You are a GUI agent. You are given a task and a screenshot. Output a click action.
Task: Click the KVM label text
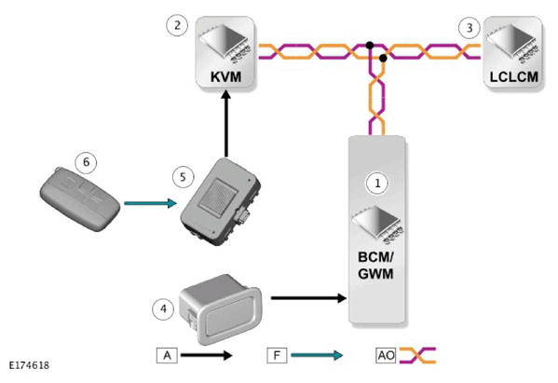click(x=225, y=77)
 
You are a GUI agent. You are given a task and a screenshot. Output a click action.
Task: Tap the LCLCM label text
click(x=513, y=77)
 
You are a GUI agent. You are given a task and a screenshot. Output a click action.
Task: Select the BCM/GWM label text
click(x=375, y=266)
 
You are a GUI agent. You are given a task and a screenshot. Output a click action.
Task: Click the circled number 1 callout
click(x=377, y=184)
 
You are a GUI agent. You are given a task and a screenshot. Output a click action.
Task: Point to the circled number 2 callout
click(x=177, y=25)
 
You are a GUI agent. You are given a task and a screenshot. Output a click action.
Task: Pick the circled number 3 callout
click(x=470, y=27)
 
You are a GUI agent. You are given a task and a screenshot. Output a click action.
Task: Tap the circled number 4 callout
click(x=163, y=308)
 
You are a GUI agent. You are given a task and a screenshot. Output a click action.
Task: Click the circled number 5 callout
click(x=183, y=177)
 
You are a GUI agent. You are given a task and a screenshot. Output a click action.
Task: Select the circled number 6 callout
click(x=86, y=162)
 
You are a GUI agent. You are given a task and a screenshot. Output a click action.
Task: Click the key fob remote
click(x=80, y=199)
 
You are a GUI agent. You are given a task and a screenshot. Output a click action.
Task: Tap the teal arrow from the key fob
click(x=151, y=203)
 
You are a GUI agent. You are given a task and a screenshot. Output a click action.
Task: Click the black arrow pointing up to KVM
click(x=225, y=124)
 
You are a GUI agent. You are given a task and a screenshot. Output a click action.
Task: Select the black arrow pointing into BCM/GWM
click(x=308, y=297)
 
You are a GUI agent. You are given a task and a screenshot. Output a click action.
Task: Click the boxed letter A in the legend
click(x=167, y=355)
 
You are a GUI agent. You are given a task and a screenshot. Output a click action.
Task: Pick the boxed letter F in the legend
click(x=277, y=355)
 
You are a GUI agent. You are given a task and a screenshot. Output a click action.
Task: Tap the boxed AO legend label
click(x=386, y=355)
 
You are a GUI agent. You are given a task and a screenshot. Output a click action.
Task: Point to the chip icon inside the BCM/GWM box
click(x=377, y=225)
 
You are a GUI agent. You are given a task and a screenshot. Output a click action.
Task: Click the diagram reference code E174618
click(x=29, y=365)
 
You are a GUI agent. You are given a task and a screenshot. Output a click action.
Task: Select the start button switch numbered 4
click(x=221, y=309)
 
